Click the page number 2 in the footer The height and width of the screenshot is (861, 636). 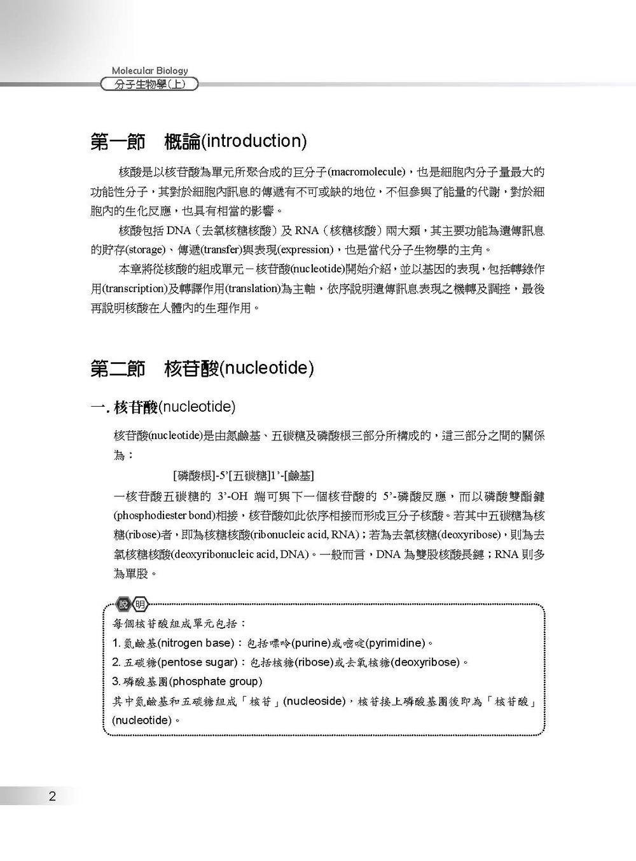[52, 796]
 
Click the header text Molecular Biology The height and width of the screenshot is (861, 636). [150, 71]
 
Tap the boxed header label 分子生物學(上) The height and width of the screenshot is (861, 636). [150, 84]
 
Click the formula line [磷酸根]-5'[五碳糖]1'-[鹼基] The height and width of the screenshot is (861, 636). [243, 475]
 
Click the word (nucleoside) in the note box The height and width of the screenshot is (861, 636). [314, 701]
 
